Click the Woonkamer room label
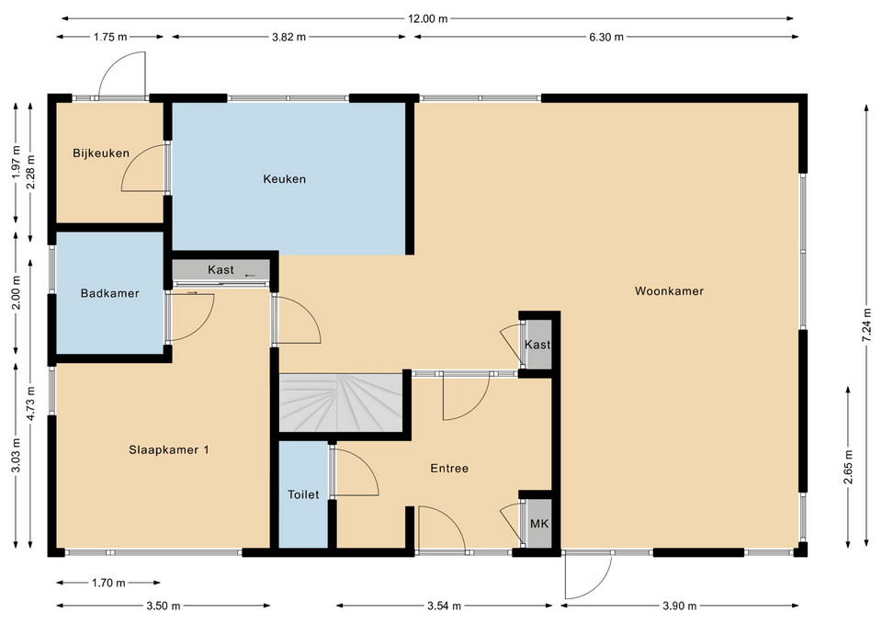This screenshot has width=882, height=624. (669, 291)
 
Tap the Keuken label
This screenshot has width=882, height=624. (285, 179)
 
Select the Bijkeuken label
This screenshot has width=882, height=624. (101, 153)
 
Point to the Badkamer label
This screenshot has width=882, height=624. (109, 293)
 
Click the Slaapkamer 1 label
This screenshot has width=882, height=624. (169, 450)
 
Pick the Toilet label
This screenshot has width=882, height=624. (303, 494)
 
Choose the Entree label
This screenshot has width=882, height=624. (449, 468)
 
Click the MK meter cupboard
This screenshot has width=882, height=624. (539, 524)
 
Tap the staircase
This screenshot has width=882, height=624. (341, 403)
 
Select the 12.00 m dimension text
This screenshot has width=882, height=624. (428, 18)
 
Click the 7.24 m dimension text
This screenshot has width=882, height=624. (868, 322)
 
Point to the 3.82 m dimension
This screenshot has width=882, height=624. (289, 37)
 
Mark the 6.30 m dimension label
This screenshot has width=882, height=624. (606, 37)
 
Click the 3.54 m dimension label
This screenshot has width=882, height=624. (445, 606)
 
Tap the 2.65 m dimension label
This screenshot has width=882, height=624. (848, 467)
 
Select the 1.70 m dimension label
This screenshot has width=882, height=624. (108, 583)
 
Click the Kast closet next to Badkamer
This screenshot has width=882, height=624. (221, 269)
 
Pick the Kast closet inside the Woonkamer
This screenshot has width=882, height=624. (537, 345)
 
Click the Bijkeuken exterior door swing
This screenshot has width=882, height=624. (122, 74)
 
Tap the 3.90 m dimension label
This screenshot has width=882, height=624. (680, 606)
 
